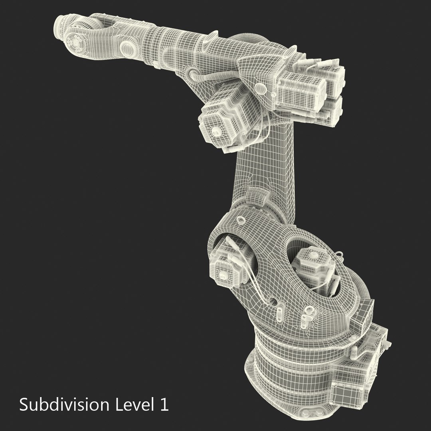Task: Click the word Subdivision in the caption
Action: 63,405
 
